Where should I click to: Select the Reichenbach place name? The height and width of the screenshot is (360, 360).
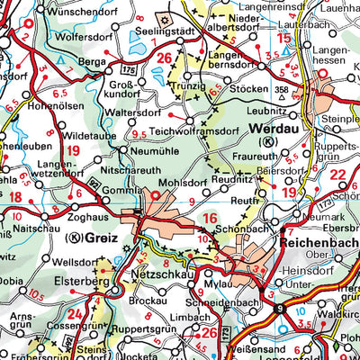[x=315, y=244]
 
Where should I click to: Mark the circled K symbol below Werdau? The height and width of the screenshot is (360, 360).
[x=265, y=142]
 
